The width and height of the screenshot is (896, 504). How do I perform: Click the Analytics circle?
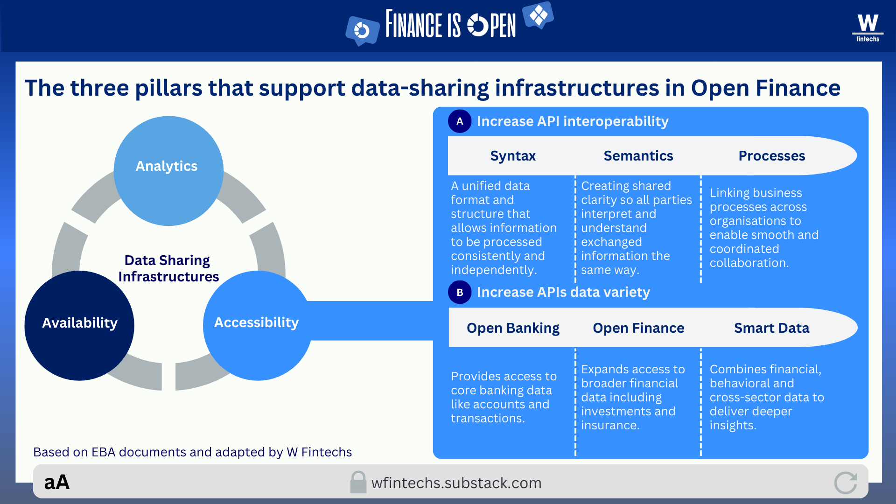coord(168,171)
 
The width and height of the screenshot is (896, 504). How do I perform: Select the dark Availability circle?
coord(79,325)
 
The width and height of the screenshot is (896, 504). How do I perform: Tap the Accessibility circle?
coord(257,325)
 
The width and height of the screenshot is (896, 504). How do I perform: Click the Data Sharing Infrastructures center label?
coord(168,268)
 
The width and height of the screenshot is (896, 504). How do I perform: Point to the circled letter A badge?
coord(460,121)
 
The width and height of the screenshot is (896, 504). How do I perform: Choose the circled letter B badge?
coord(460,292)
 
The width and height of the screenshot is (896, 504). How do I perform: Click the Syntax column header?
coord(513,156)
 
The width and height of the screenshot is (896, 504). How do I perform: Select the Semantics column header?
coord(638,156)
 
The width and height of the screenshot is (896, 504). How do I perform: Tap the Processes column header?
coord(771,156)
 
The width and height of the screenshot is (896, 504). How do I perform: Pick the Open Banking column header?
coord(513,328)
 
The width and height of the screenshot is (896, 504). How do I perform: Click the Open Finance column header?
coord(638,328)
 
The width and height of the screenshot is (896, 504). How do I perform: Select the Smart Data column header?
coord(771,328)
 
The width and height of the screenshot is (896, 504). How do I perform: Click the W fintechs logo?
coord(868,28)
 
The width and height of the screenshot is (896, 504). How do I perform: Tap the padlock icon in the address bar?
coord(358,482)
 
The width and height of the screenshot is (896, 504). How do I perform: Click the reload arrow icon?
coord(846,483)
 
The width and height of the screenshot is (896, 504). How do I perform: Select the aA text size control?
coord(57,483)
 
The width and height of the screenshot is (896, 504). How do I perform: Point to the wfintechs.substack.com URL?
coord(456,483)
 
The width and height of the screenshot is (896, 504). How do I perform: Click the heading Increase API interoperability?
coord(572,121)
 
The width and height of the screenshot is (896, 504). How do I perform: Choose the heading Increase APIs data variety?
coord(563,292)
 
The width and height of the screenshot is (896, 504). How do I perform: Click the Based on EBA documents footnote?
coord(192,452)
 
